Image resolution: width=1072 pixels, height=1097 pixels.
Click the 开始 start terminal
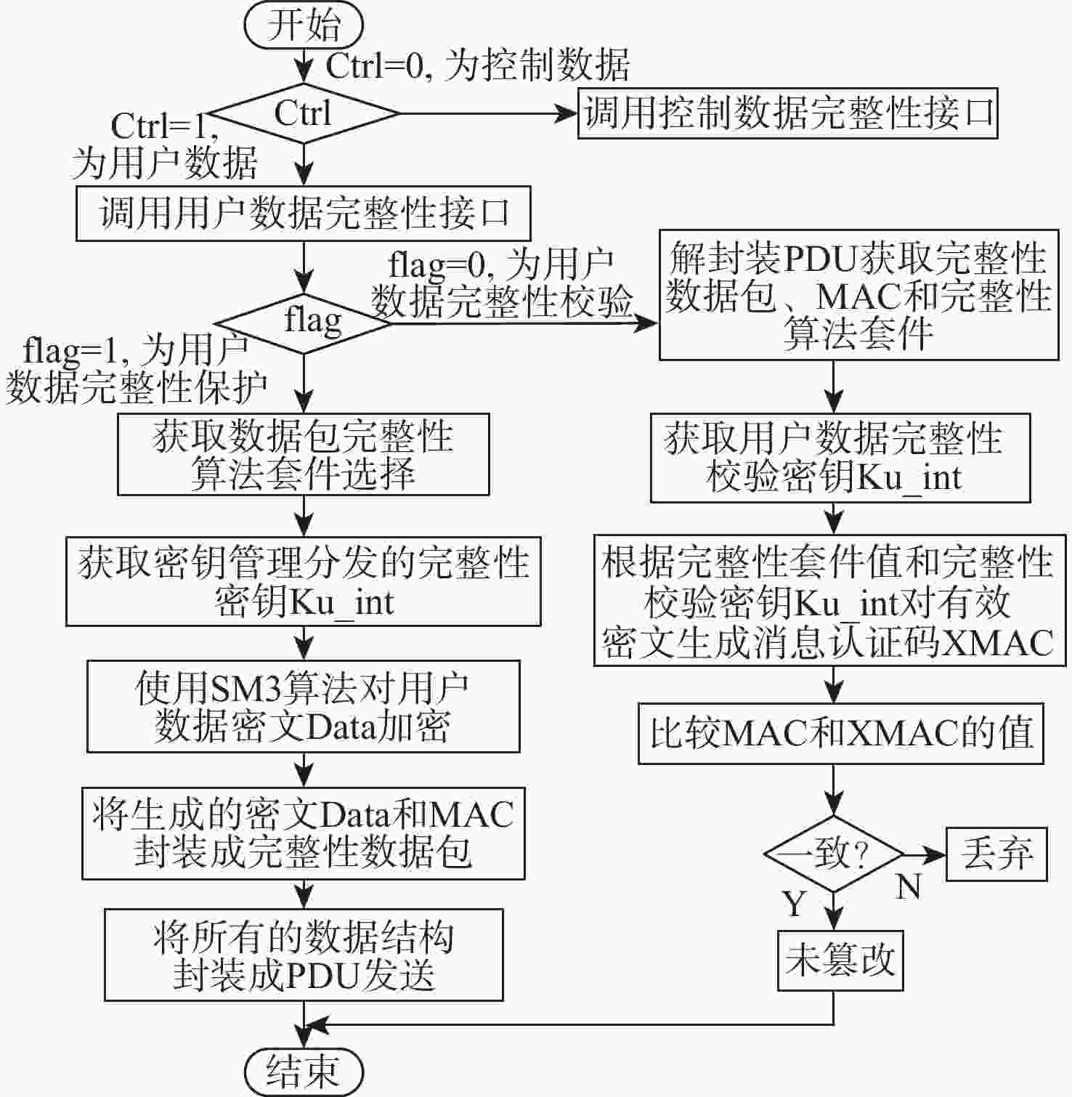pyautogui.click(x=304, y=26)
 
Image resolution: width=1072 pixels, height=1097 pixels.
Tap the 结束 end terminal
pyautogui.click(x=304, y=1071)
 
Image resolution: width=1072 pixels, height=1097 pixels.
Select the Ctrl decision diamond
pyautogui.click(x=304, y=113)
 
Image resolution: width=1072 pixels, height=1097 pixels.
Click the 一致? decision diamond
pyautogui.click(x=834, y=854)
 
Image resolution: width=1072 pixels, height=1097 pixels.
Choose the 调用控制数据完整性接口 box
pyautogui.click(x=788, y=113)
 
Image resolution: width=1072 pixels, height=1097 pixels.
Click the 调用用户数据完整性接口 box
pyautogui.click(x=304, y=214)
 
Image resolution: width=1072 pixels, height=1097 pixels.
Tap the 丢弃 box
pyautogui.click(x=996, y=854)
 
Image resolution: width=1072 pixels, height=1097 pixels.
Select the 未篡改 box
pyautogui.click(x=840, y=960)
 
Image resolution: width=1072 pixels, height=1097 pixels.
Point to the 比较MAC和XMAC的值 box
pyautogui.click(x=841, y=733)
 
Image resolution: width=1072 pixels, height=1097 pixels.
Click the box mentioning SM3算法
pyautogui.click(x=304, y=706)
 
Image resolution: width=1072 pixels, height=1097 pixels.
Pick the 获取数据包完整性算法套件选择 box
pyautogui.click(x=304, y=455)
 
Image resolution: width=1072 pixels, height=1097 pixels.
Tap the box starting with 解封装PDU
pyautogui.click(x=858, y=295)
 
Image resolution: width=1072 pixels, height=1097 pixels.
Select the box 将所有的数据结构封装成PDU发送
pyautogui.click(x=304, y=955)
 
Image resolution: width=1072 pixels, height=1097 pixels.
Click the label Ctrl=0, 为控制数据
pyautogui.click(x=477, y=65)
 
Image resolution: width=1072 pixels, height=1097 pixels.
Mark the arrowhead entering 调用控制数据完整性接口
pyautogui.click(x=567, y=113)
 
